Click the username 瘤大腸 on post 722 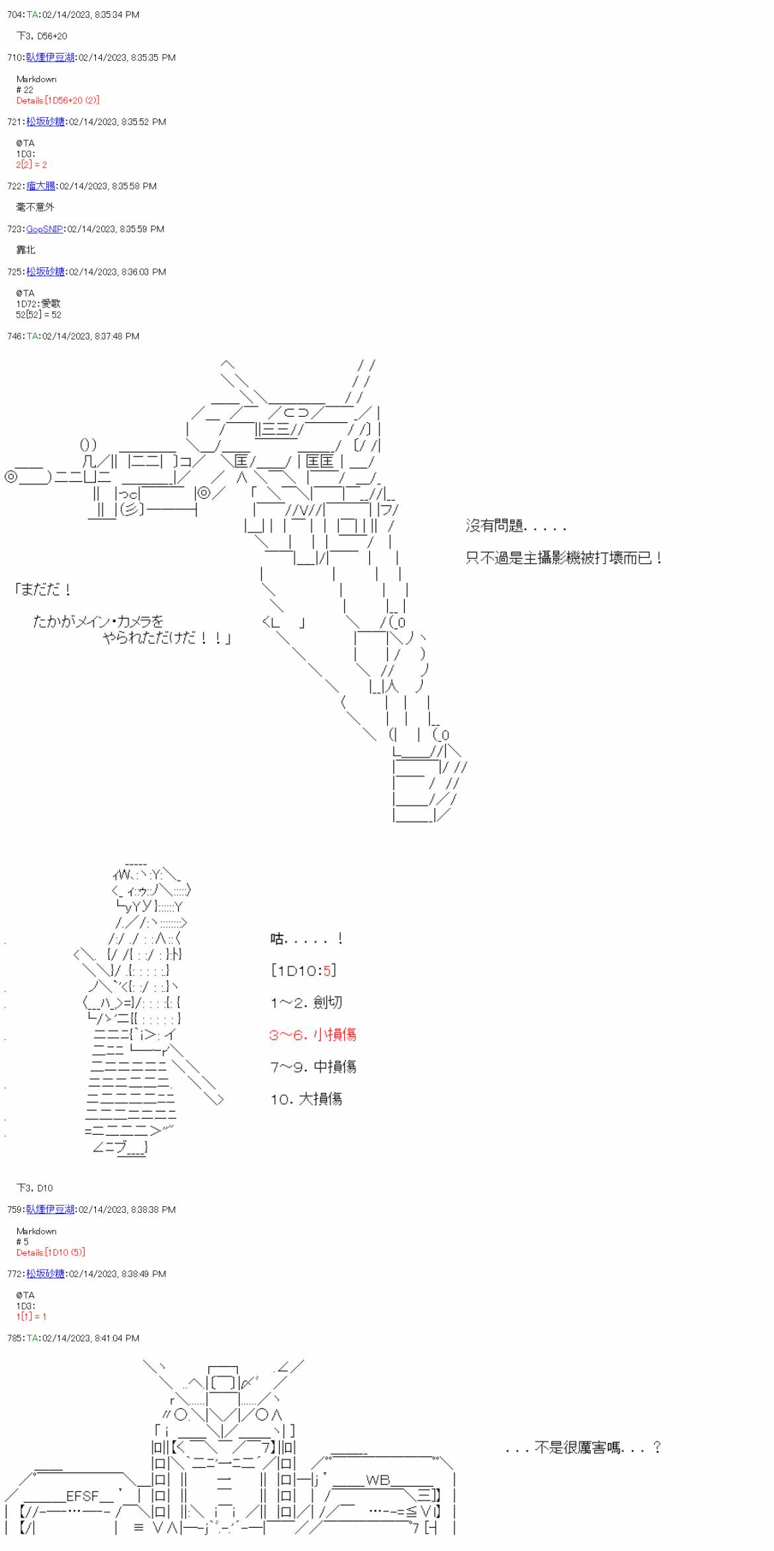click(x=41, y=186)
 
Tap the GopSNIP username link click(x=44, y=229)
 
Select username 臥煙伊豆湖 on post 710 click(x=50, y=58)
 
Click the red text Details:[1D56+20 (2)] click(x=58, y=101)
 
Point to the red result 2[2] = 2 click(x=32, y=165)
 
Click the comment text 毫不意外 click(x=35, y=207)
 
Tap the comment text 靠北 click(x=26, y=250)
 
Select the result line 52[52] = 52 click(x=38, y=315)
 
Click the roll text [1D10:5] click(x=304, y=971)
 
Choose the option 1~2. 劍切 click(x=306, y=1002)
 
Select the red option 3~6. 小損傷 click(x=312, y=1035)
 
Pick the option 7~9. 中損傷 click(x=313, y=1067)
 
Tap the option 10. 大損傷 click(x=306, y=1099)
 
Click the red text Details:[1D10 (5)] click(x=50, y=1253)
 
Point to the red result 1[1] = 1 click(x=32, y=1317)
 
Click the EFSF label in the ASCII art click(x=82, y=1496)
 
